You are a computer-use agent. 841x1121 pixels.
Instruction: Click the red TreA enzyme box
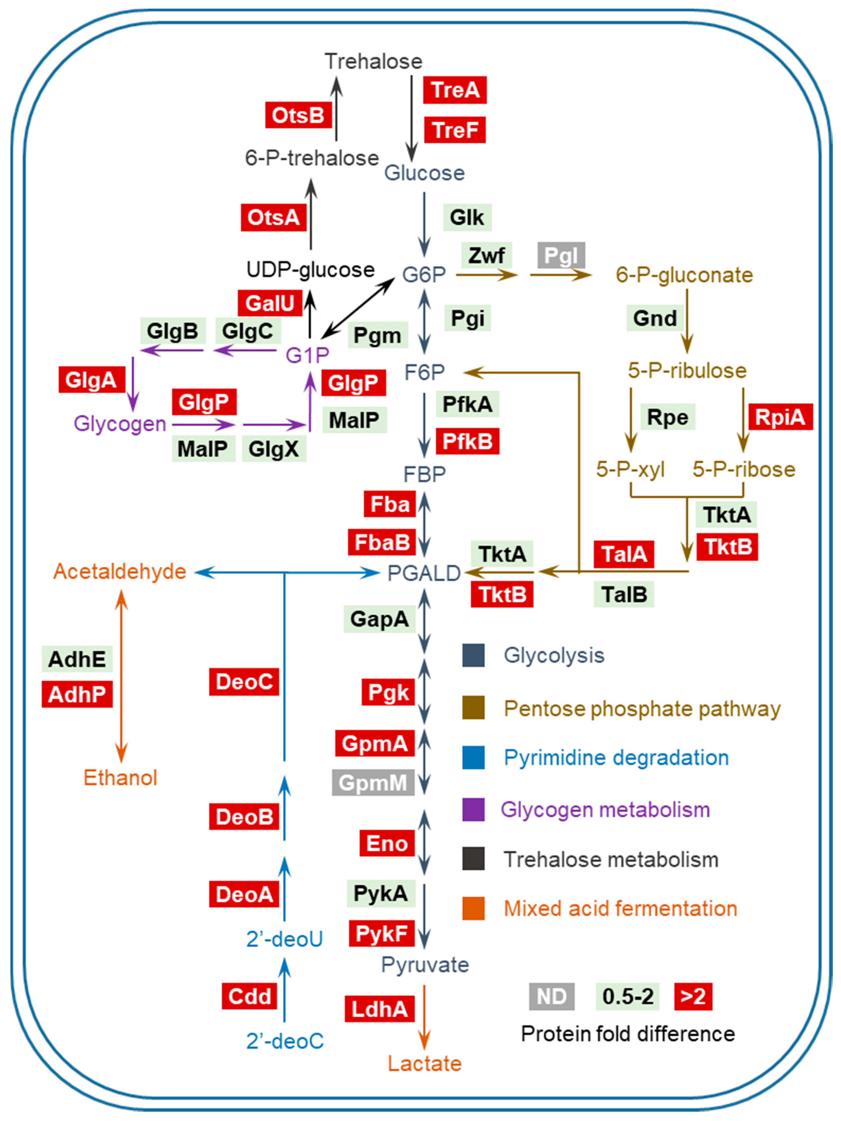(x=455, y=90)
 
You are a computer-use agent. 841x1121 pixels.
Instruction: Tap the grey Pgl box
(x=561, y=255)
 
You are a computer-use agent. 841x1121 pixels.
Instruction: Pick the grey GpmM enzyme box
(x=373, y=783)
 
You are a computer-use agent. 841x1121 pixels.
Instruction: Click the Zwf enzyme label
(x=486, y=255)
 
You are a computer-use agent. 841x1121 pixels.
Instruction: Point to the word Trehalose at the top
(x=373, y=61)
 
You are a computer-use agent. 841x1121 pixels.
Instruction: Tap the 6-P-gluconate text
(x=684, y=275)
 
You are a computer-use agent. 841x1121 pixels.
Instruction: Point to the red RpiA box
(x=780, y=417)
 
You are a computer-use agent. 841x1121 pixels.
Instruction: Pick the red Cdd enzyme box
(x=250, y=996)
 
